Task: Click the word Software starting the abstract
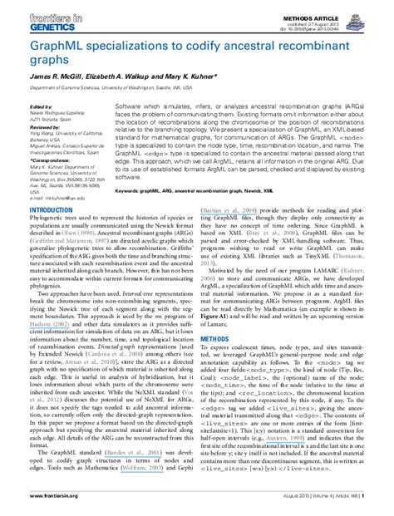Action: pos(128,108)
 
